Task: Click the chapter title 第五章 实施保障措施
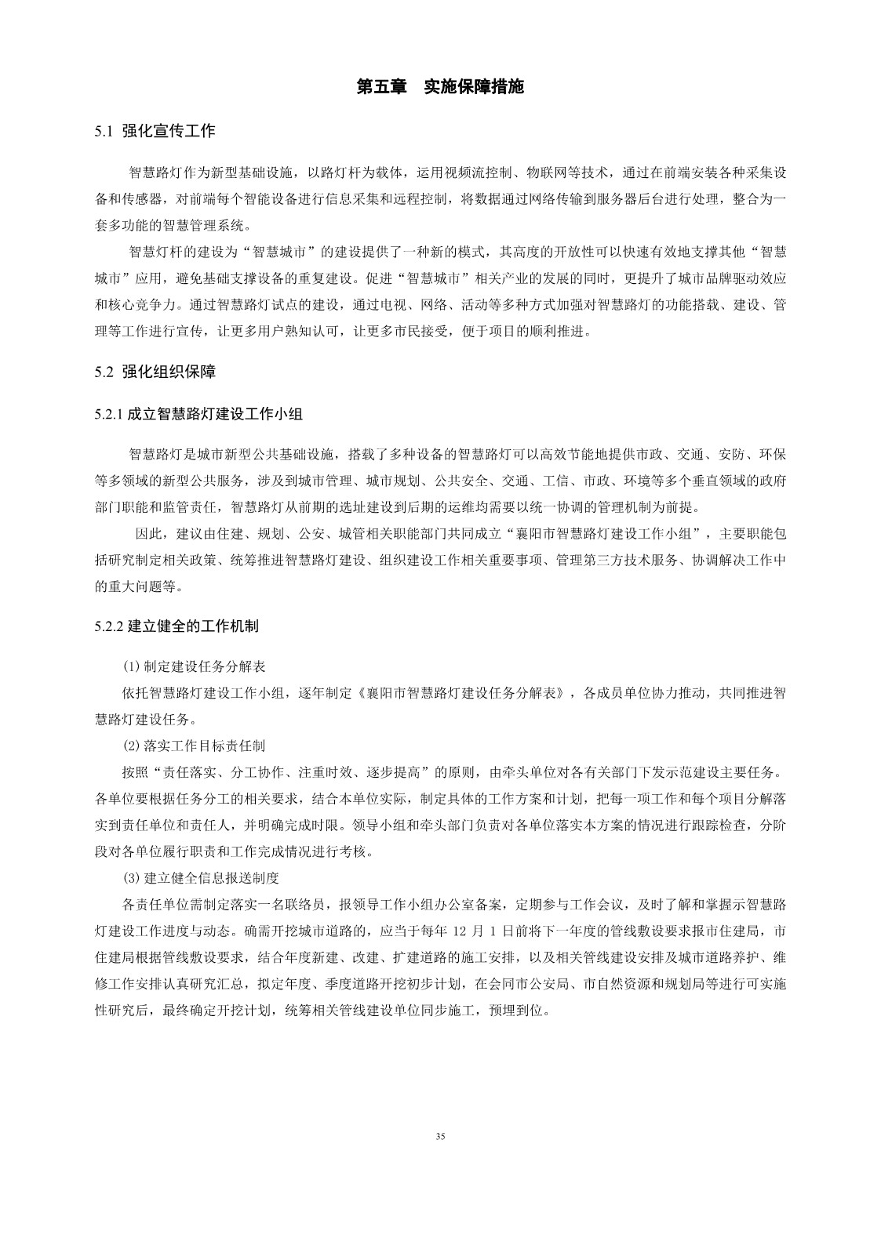tap(440, 87)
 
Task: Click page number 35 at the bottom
tap(440, 1135)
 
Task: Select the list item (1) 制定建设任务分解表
tap(194, 667)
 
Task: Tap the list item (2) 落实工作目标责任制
tap(194, 746)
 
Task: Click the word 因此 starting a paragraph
tap(150, 534)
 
